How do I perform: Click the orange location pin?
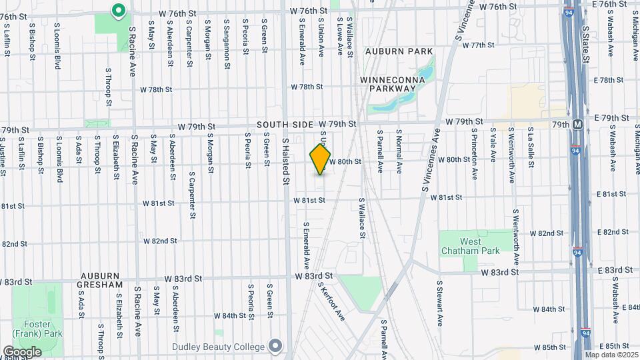[321, 159]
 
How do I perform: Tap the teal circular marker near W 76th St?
[119, 11]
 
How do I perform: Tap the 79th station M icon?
[577, 125]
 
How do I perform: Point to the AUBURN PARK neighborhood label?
[399, 51]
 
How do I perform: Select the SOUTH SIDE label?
[286, 125]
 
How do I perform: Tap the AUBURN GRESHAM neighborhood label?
[101, 280]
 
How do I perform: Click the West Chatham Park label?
[461, 246]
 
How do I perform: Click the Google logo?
[22, 351]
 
